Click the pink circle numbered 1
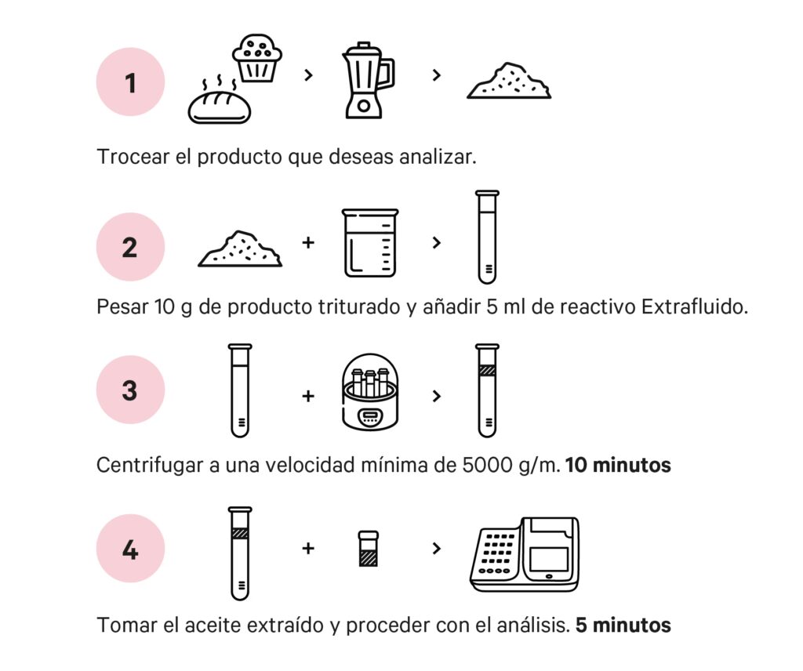[x=131, y=82]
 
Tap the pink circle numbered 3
[x=131, y=390]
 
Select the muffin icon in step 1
[x=257, y=58]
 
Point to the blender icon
[x=368, y=81]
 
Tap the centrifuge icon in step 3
[x=370, y=392]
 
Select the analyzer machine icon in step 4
[x=525, y=554]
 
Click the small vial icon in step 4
[x=369, y=548]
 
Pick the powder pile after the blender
[x=509, y=81]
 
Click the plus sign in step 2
[x=307, y=242]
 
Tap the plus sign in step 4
[x=307, y=548]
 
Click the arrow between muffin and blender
[x=308, y=75]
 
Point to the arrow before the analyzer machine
[x=436, y=548]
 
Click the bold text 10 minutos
[x=618, y=465]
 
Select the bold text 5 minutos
[x=623, y=625]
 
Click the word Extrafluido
[x=695, y=306]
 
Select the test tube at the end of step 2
[x=487, y=238]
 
